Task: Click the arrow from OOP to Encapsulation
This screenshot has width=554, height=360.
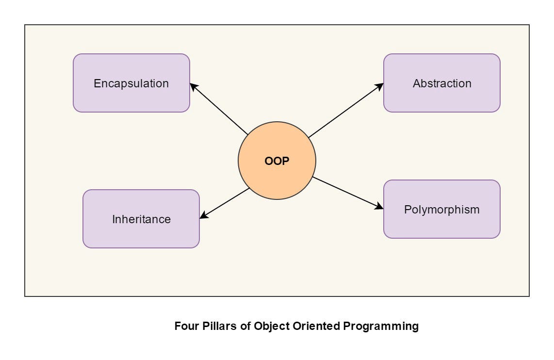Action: point(219,109)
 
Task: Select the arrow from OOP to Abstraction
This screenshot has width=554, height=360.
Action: point(345,110)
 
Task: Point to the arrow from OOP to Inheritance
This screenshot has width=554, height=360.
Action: point(225,203)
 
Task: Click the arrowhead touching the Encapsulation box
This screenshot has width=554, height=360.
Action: point(193,86)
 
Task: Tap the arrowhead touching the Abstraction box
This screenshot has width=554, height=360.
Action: point(380,86)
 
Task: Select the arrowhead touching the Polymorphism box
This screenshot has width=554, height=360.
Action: point(379,207)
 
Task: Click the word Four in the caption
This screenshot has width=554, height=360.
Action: point(185,326)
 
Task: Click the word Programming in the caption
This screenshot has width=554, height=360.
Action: point(381,326)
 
